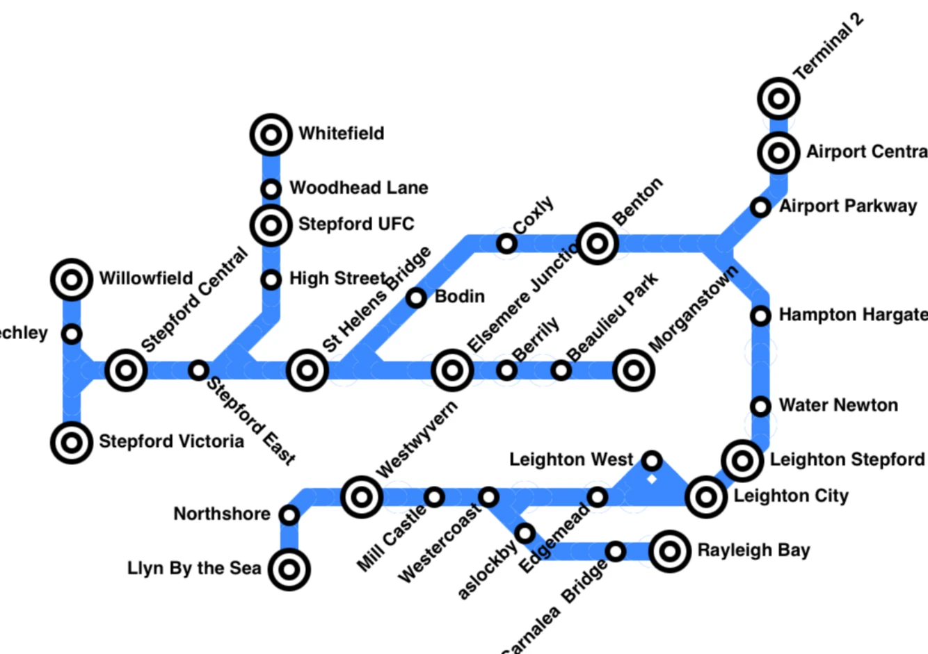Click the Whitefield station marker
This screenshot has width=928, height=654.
(271, 134)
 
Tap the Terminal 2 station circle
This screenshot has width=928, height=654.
(778, 99)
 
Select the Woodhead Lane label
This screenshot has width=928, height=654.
(358, 188)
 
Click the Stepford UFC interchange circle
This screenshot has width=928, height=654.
(271, 224)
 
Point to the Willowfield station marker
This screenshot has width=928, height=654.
(72, 279)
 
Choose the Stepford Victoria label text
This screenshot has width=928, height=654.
(171, 442)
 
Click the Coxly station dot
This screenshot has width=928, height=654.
(507, 243)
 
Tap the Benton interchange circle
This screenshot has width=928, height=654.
(597, 243)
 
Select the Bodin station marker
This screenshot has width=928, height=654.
(416, 297)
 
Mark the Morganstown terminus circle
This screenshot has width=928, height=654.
(633, 370)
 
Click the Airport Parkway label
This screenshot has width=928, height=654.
(847, 206)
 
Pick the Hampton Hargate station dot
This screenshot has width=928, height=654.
(761, 316)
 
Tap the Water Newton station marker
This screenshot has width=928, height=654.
(761, 406)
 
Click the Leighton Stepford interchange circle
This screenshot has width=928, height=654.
(742, 460)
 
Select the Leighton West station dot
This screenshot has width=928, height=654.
(652, 460)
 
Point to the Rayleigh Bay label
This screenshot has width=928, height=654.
(753, 550)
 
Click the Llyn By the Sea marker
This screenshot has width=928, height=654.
(289, 569)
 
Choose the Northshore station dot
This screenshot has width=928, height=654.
(289, 515)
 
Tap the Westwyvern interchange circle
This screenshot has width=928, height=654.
(362, 497)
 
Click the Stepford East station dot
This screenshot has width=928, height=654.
(198, 370)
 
